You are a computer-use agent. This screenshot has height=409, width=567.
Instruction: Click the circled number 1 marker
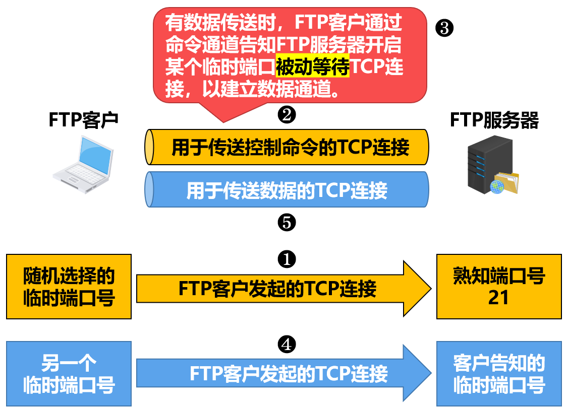(287, 259)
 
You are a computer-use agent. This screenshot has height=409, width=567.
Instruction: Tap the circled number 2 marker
(287, 115)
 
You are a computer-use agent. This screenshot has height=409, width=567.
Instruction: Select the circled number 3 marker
(444, 28)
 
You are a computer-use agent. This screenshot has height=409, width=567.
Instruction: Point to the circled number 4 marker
(287, 345)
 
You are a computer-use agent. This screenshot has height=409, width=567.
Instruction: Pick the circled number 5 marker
(287, 222)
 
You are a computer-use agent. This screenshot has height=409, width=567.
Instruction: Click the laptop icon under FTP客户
(83, 164)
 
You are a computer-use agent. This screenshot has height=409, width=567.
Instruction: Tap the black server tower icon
(490, 164)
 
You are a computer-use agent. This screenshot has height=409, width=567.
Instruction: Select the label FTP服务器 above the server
(494, 120)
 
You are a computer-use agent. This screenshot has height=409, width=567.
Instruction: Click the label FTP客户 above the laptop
(84, 120)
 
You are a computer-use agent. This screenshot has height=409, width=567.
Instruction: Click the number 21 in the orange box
(499, 298)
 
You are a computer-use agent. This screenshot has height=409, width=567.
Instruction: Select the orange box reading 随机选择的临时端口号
(69, 287)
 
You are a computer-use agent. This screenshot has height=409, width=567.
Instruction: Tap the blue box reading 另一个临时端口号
(69, 374)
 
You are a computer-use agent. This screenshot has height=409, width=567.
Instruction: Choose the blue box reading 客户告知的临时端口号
(499, 374)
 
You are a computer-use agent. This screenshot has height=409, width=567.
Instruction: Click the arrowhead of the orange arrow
(431, 289)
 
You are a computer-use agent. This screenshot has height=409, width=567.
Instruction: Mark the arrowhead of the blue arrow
(431, 373)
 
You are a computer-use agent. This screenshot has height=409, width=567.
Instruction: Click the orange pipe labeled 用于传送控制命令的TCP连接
(287, 147)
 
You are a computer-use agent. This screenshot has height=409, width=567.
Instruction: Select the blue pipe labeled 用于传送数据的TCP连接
(287, 189)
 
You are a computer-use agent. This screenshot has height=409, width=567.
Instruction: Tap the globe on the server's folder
(497, 187)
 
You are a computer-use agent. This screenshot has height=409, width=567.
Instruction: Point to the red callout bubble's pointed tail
(223, 122)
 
